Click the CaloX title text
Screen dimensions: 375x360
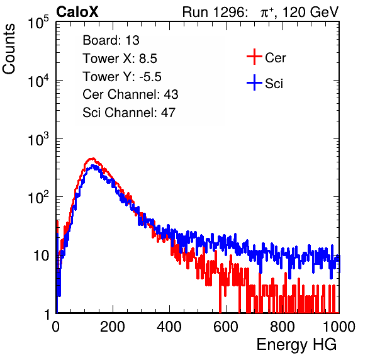click(77, 12)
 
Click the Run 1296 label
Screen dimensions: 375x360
click(215, 12)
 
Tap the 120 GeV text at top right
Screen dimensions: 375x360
click(311, 12)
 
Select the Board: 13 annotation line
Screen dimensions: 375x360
click(111, 40)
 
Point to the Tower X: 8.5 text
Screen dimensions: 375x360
click(120, 59)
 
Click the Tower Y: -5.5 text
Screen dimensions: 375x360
click(122, 77)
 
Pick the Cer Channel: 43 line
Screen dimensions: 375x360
click(130, 94)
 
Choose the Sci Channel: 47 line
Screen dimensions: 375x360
click(129, 113)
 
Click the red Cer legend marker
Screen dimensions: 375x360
click(254, 57)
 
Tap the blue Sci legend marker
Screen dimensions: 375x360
click(254, 82)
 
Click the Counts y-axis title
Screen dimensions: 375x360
click(9, 49)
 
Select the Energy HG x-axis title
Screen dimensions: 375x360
click(296, 345)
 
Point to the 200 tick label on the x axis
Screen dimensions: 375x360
click(113, 327)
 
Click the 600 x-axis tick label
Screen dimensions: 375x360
click(226, 327)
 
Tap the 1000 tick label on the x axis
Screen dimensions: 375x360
click(339, 327)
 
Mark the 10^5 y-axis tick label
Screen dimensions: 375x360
click(38, 23)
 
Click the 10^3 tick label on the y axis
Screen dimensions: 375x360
click(38, 139)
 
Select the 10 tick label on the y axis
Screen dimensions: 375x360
click(41, 256)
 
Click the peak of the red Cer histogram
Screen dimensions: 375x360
click(92, 159)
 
